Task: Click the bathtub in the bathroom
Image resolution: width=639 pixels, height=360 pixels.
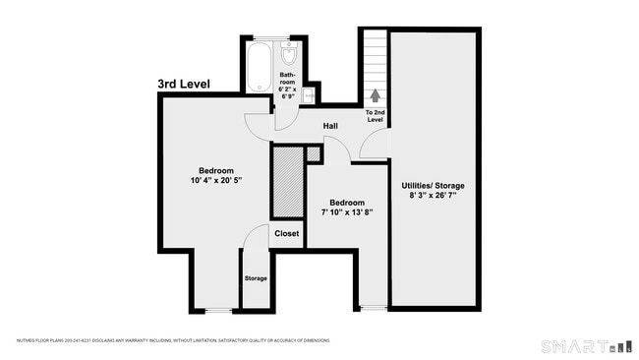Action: coord(260,66)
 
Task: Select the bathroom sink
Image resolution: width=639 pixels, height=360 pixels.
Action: coord(308,94)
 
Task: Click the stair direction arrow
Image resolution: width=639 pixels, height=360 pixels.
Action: coord(375,96)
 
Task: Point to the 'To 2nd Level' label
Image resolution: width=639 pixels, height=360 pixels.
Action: coord(375,116)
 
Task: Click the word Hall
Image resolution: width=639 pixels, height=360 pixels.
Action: coord(331,125)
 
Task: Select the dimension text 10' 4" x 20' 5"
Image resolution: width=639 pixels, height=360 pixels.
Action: coord(215,181)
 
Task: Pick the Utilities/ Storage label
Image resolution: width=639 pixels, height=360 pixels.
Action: coord(433,185)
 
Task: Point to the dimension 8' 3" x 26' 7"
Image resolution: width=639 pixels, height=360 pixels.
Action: coord(433,196)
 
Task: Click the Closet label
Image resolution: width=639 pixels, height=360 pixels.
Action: coord(286,233)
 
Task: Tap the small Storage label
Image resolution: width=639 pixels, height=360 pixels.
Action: coord(256,278)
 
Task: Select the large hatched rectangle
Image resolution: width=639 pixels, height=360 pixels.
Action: coord(287,182)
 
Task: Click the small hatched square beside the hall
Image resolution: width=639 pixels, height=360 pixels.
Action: coord(313,153)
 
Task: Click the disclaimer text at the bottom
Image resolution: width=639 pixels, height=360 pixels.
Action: coord(172,340)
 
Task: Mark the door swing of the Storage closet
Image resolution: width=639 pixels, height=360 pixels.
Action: coord(256,238)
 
